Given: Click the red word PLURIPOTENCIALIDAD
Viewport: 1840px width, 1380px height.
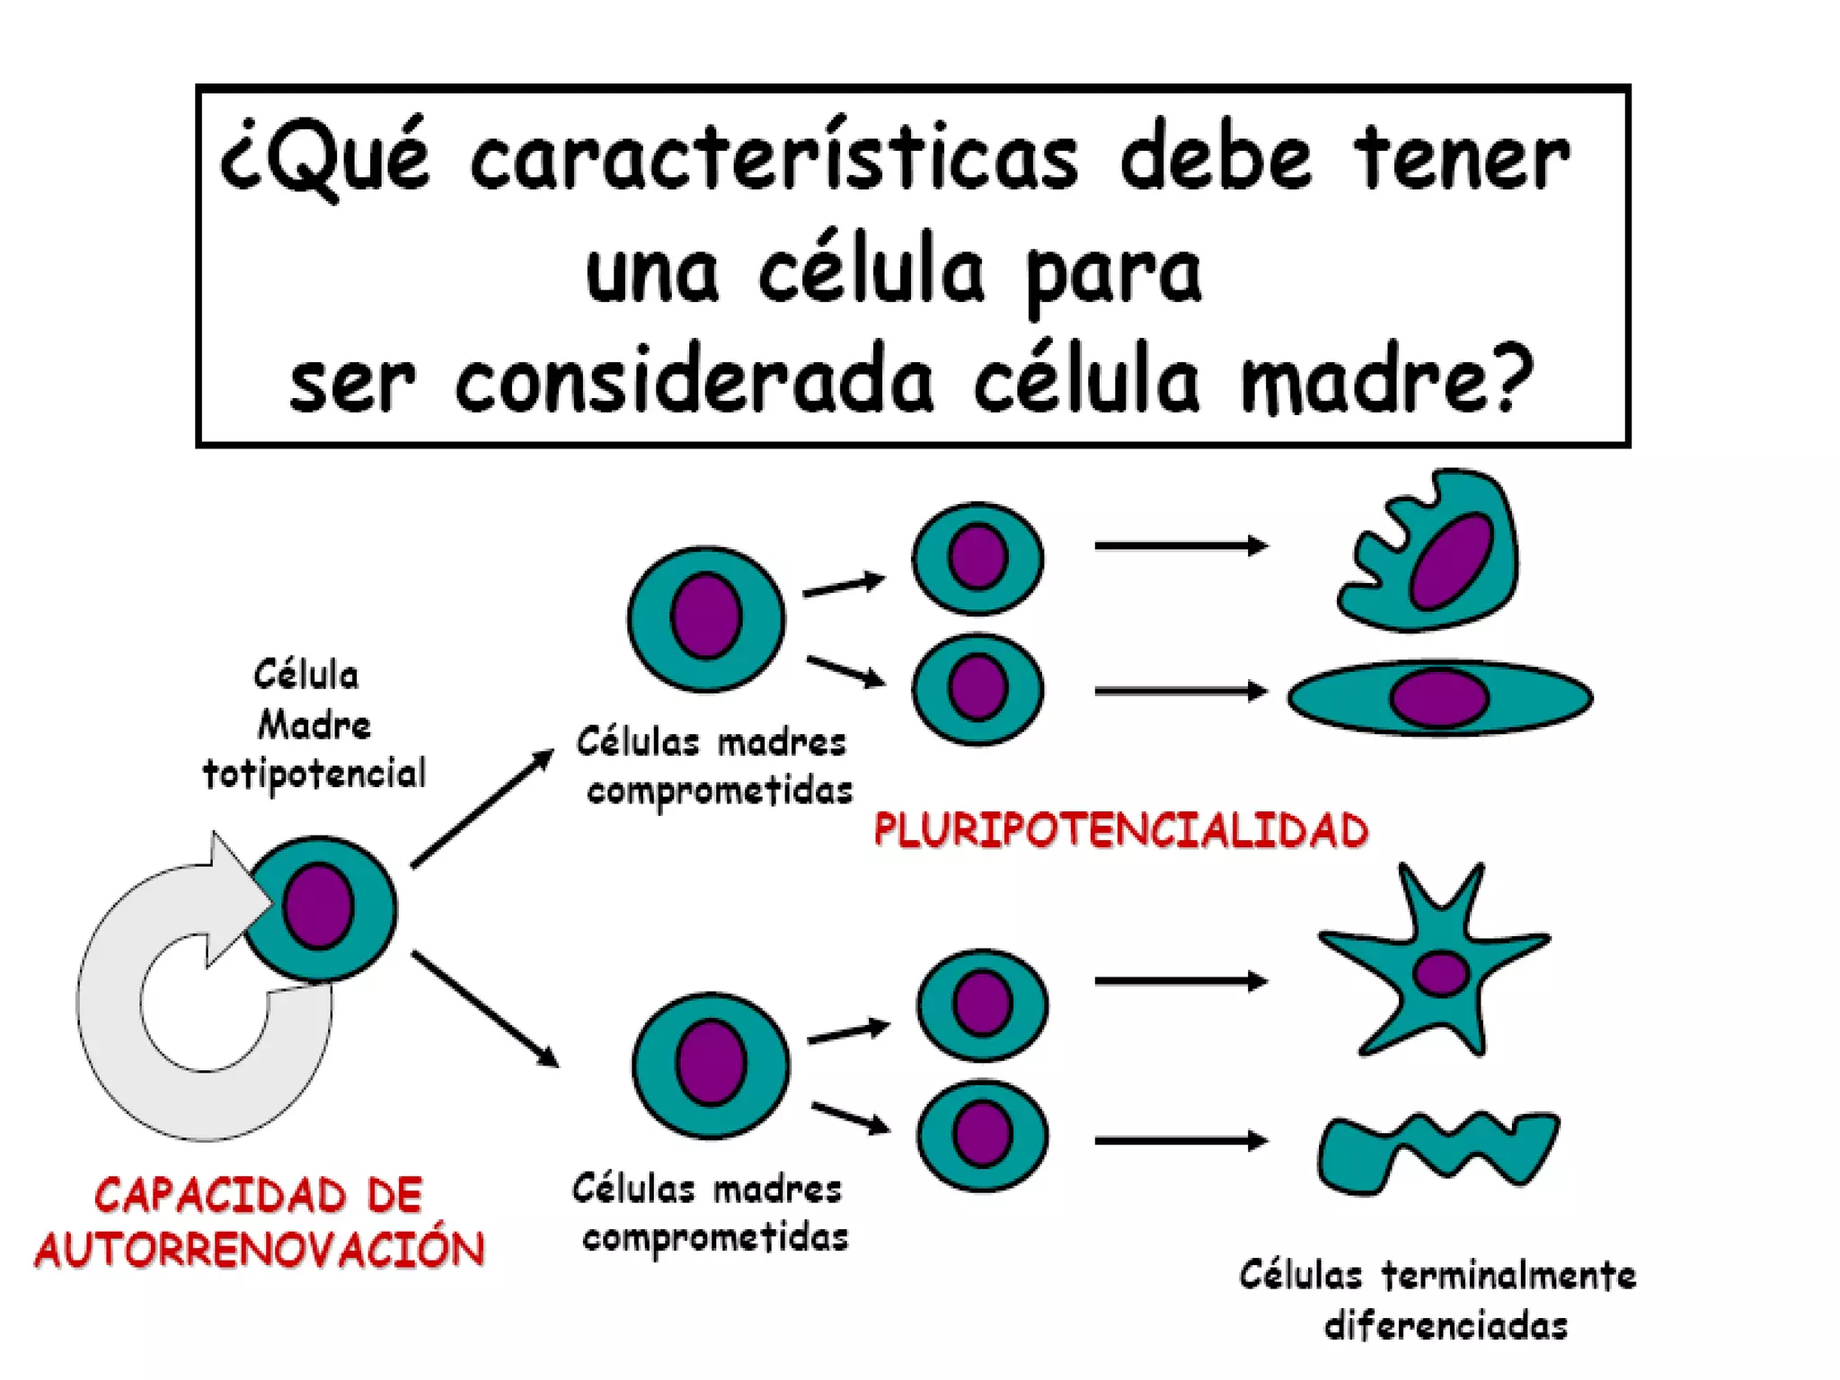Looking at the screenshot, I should point(1120,830).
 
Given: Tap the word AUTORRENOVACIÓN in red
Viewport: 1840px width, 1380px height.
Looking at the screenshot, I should point(259,1250).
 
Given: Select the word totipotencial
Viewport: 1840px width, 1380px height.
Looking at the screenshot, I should point(314,774).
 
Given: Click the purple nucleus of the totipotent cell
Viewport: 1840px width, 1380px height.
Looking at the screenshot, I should point(318,906).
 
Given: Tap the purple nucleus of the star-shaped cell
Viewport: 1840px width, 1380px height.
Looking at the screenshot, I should point(1440,973).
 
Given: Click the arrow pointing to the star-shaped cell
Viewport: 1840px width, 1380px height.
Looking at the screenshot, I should point(1180,981).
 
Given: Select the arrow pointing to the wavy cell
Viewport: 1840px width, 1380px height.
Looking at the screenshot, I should point(1180,1141).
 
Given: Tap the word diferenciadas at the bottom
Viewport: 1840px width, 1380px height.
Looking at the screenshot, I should point(1446,1326).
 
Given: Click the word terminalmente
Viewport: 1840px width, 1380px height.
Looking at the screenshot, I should point(1508,1276).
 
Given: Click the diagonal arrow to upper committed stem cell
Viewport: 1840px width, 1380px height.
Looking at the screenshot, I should point(482,809).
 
